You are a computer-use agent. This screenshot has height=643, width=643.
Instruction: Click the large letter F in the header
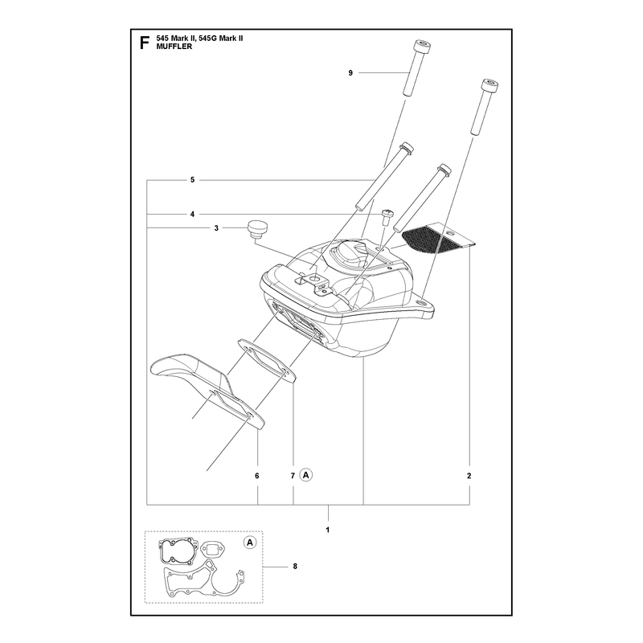tap(144, 43)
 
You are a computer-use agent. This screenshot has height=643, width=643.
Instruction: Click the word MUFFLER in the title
tap(174, 47)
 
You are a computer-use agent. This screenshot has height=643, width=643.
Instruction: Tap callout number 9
tap(350, 73)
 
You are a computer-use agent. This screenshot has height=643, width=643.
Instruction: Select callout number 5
tap(192, 179)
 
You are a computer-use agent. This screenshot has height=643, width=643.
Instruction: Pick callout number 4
tap(192, 214)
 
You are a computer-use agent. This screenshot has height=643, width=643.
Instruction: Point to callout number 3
tap(216, 228)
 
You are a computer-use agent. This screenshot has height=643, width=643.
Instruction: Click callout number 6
tap(257, 476)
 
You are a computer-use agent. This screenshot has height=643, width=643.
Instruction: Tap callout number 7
tap(293, 476)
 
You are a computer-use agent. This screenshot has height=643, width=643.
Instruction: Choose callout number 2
tap(469, 476)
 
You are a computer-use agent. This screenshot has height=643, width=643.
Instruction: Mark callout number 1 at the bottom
tap(328, 530)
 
